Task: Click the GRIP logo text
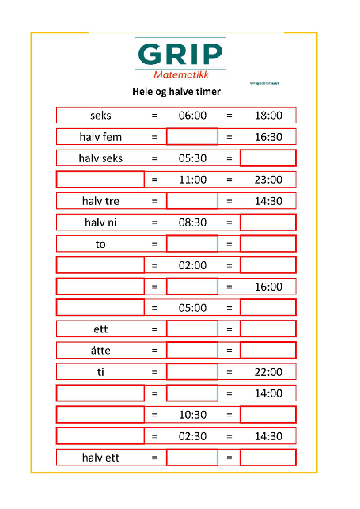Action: click(x=180, y=54)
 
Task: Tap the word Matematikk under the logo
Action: click(x=180, y=76)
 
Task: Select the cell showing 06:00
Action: click(x=191, y=116)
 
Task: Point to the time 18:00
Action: click(x=268, y=116)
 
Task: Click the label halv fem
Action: click(x=100, y=137)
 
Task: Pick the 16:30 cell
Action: click(x=268, y=137)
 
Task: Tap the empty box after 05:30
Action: click(x=268, y=158)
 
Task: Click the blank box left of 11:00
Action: click(x=100, y=180)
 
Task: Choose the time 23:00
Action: click(x=268, y=180)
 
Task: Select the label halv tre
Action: click(x=100, y=201)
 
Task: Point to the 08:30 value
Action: click(x=191, y=222)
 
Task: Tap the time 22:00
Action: click(x=268, y=372)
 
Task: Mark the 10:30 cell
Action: click(x=191, y=415)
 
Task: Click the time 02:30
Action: click(x=191, y=436)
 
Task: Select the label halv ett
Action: click(x=100, y=458)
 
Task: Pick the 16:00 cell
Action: click(x=268, y=287)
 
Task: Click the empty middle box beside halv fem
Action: click(x=191, y=137)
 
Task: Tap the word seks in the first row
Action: click(x=100, y=116)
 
